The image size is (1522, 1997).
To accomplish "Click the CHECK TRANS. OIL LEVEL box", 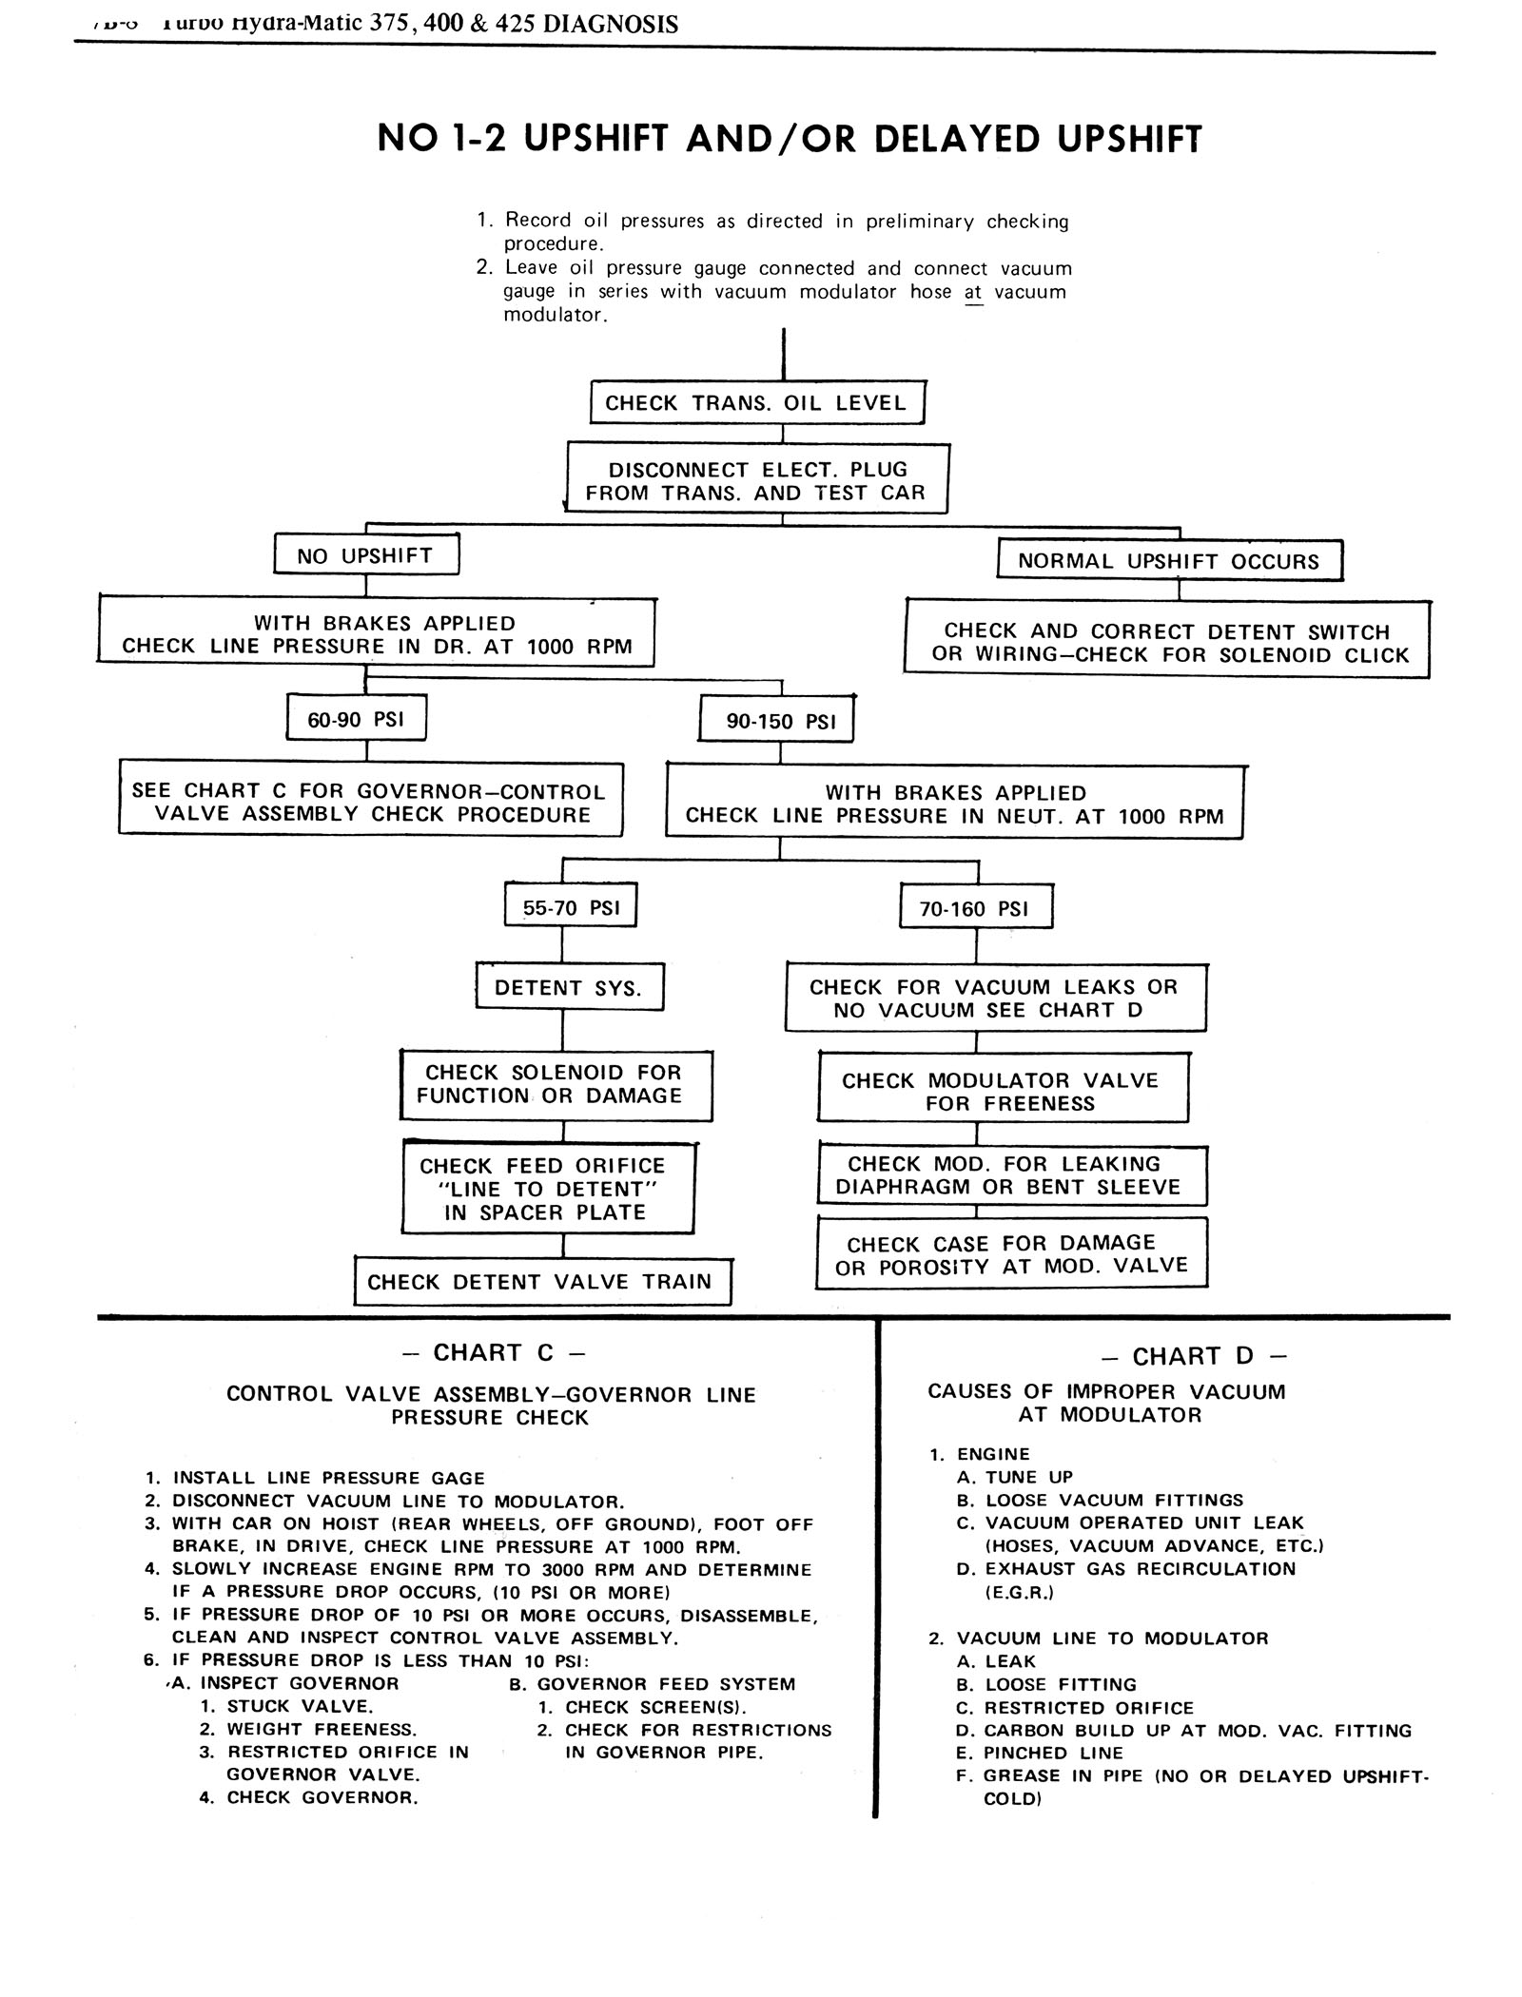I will tap(756, 402).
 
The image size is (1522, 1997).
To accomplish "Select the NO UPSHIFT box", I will tap(365, 555).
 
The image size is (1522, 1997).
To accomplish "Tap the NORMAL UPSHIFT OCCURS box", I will tap(1168, 561).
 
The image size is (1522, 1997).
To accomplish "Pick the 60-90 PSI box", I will tap(356, 719).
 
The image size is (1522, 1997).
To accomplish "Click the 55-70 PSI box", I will tap(571, 907).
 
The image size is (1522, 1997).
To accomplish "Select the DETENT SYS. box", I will tap(568, 988).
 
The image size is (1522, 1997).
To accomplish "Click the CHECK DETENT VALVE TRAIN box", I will tap(539, 1282).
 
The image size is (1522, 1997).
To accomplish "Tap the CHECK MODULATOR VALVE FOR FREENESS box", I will tap(1001, 1092).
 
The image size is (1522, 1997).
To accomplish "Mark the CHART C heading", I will tap(493, 1352).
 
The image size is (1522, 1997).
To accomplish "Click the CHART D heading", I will tap(1194, 1356).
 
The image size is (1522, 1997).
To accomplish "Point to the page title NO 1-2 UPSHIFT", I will tap(790, 139).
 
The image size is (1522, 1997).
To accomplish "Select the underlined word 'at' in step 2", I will tap(972, 292).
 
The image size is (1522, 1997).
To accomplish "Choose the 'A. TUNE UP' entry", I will tap(1028, 1477).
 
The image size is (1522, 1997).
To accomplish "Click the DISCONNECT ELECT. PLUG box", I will tap(756, 481).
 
